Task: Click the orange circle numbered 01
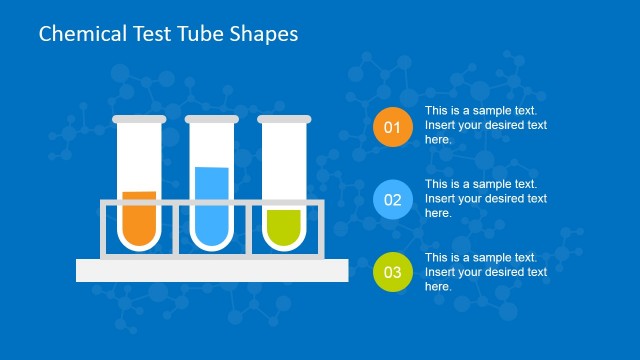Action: coord(392,127)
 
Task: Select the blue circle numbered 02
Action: coord(392,200)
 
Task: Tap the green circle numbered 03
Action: coord(392,272)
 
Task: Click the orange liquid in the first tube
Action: coord(139,219)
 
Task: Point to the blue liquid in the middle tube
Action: coord(211,206)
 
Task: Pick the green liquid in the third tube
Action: coord(283,227)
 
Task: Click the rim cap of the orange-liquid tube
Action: coord(139,120)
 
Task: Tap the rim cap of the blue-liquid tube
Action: coord(211,120)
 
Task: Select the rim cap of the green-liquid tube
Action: coord(283,120)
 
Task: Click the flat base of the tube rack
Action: coord(212,270)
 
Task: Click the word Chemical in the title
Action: coord(81,34)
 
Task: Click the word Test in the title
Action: coord(149,34)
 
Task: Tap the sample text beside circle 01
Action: coord(486,125)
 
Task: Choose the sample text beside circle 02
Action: coord(486,198)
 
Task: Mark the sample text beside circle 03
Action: coord(486,272)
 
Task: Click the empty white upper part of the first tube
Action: coord(139,155)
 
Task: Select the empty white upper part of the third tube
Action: coord(283,160)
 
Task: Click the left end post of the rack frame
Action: coord(103,232)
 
